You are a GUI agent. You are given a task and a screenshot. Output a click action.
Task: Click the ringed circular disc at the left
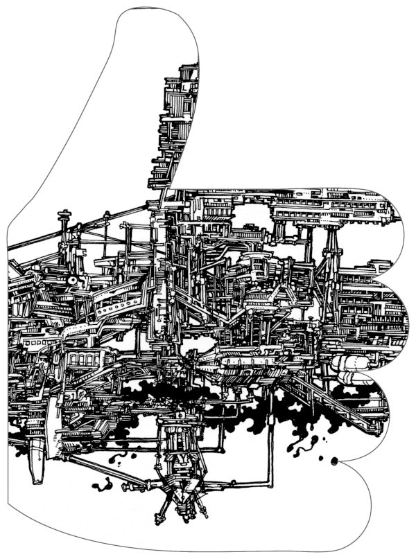tap(71, 280)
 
